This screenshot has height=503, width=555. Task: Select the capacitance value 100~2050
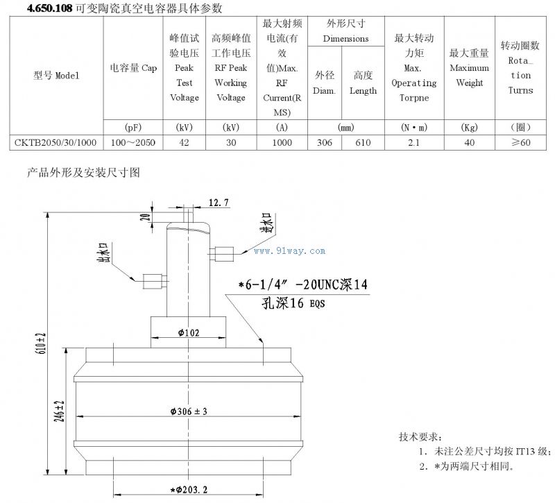click(x=133, y=142)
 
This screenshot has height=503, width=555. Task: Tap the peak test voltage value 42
click(x=184, y=142)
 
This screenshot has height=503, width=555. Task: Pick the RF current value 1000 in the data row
click(x=282, y=142)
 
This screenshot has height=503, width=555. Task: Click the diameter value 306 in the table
click(x=324, y=142)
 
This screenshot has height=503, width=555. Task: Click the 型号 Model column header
click(x=56, y=75)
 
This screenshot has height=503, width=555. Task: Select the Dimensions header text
click(x=345, y=38)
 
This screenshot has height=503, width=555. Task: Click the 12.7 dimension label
click(x=218, y=203)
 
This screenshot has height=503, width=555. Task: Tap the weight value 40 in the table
click(x=469, y=142)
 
